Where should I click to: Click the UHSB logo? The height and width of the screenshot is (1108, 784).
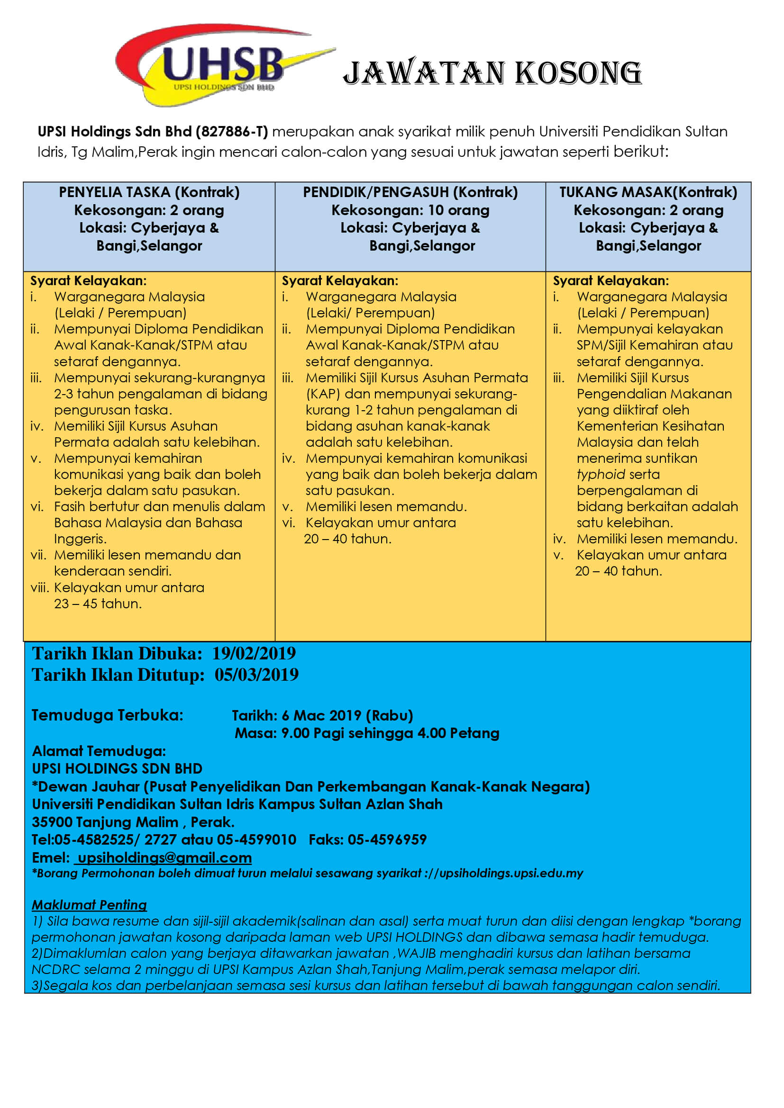pyautogui.click(x=221, y=65)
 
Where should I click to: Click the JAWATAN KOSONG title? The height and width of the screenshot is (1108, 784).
pyautogui.click(x=492, y=73)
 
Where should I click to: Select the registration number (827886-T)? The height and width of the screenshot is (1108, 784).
pyautogui.click(x=231, y=132)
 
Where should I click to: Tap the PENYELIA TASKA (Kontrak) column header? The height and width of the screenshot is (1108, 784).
pyautogui.click(x=149, y=192)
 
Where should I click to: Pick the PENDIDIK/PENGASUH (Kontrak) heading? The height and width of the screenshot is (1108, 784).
pyautogui.click(x=410, y=192)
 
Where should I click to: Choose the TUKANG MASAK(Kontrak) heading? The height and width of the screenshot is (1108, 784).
pyautogui.click(x=648, y=192)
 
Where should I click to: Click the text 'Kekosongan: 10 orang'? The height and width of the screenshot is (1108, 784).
pyautogui.click(x=410, y=210)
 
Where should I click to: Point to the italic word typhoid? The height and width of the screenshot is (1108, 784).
pyautogui.click(x=601, y=474)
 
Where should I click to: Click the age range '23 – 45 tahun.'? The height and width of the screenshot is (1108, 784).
pyautogui.click(x=98, y=604)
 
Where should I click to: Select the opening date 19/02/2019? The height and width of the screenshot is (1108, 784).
pyautogui.click(x=254, y=653)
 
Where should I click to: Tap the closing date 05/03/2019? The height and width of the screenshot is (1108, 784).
pyautogui.click(x=256, y=675)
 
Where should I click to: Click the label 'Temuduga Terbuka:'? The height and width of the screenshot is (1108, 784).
pyautogui.click(x=107, y=715)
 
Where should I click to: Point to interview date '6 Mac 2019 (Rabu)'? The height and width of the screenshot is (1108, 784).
pyautogui.click(x=347, y=716)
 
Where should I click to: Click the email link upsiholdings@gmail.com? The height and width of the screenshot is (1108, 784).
pyautogui.click(x=164, y=857)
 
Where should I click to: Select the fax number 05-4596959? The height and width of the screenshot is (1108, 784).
pyautogui.click(x=387, y=840)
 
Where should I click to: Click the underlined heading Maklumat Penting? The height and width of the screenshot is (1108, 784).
pyautogui.click(x=89, y=905)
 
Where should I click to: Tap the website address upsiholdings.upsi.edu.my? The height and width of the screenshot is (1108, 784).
pyautogui.click(x=511, y=873)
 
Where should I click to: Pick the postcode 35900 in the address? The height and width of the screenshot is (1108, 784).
pyautogui.click(x=52, y=822)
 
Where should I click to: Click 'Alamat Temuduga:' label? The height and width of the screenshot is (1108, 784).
pyautogui.click(x=99, y=751)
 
